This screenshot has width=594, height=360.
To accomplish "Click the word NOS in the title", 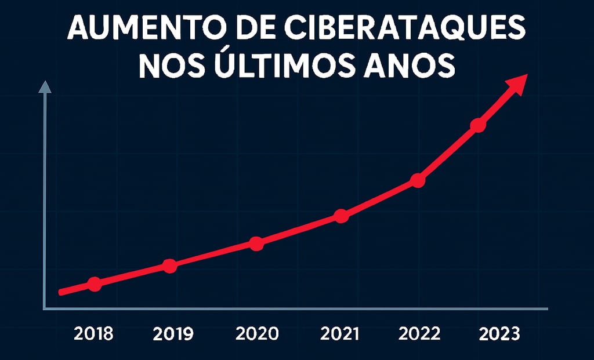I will click(169, 65).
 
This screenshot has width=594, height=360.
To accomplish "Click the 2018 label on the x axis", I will click(94, 334).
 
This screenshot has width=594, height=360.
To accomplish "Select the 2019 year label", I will click(173, 334).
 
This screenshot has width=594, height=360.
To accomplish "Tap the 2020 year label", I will click(257, 334).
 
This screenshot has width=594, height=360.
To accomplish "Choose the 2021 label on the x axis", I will click(341, 334).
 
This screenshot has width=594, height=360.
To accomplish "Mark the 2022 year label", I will click(420, 334).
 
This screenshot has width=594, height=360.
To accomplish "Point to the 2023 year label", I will click(499, 334).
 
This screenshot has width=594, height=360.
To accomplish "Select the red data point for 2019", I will click(169, 266).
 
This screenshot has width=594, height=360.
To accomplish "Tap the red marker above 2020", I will click(256, 243).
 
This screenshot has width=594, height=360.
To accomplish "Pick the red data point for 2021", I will click(342, 216).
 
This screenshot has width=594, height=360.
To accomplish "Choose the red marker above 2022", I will click(418, 181).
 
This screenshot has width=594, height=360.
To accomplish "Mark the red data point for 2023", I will click(477, 125).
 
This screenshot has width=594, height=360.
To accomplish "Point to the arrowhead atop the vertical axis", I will click(45, 86).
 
